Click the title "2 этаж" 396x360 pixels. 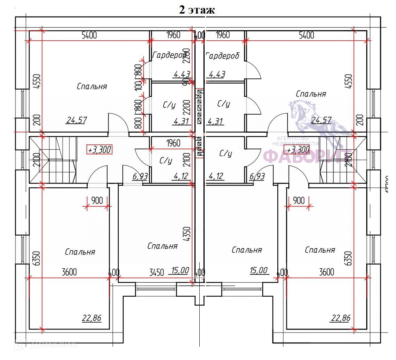click(x=197, y=9)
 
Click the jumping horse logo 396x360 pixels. click(x=316, y=121)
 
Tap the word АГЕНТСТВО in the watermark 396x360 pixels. click(x=293, y=139)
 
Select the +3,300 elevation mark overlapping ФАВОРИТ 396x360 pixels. click(x=298, y=150)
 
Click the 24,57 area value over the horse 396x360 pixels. click(x=322, y=120)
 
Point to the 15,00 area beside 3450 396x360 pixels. click(x=180, y=270)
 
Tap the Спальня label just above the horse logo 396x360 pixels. click(x=311, y=94)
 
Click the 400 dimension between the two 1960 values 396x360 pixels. click(x=199, y=35)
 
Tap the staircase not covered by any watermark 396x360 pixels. click(x=53, y=160)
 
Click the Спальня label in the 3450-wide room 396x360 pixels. click(x=162, y=246)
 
